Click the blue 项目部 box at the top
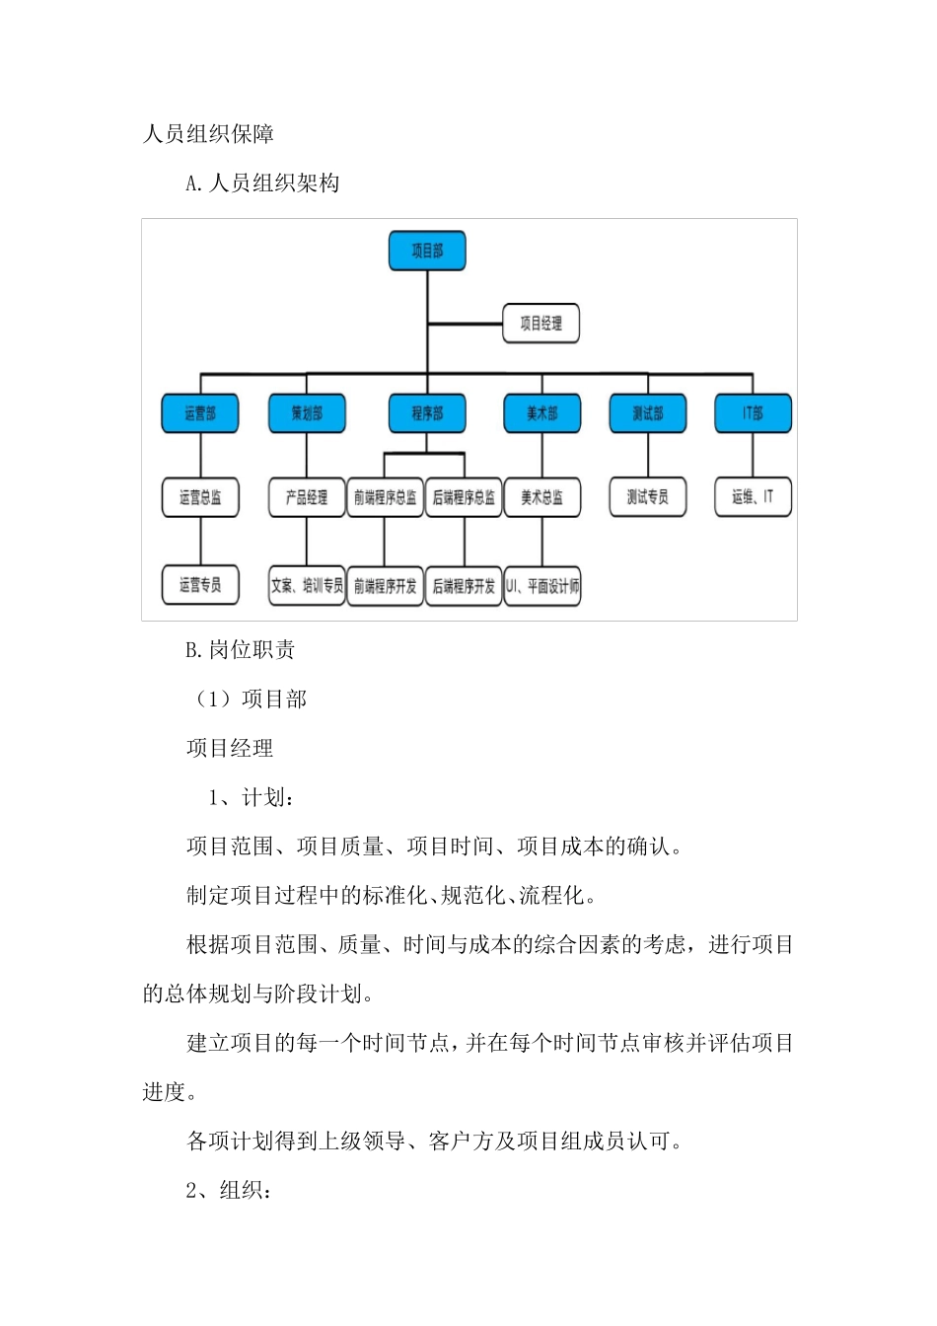tap(427, 251)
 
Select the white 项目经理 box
tap(541, 323)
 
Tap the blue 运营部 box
tap(200, 413)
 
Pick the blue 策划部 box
tap(307, 413)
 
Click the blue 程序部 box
tap(427, 413)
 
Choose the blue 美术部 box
tap(541, 413)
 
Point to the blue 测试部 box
tap(647, 413)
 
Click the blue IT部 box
tap(753, 413)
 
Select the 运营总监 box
tap(200, 497)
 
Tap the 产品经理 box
tap(307, 497)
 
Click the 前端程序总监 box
tap(385, 497)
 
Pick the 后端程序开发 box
tap(464, 586)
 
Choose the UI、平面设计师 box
tap(542, 586)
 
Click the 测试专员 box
tap(647, 497)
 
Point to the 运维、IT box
tap(753, 497)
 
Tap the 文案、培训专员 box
tap(307, 586)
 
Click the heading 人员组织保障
tap(208, 134)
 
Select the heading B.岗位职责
tap(241, 649)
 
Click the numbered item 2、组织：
tap(229, 1190)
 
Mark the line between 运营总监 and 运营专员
tap(200, 541)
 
